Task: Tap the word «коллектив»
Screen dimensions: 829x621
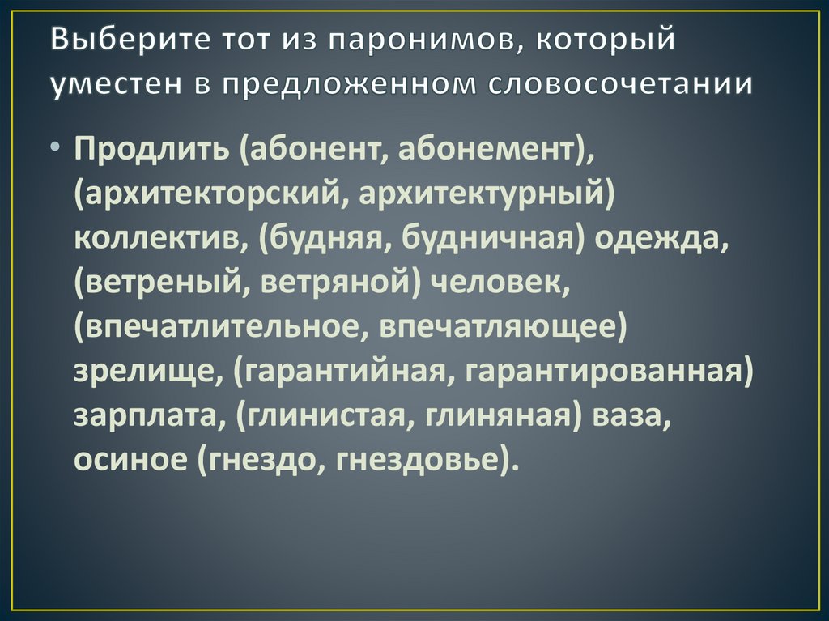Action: click(x=160, y=239)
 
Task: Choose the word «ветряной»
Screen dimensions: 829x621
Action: click(x=336, y=283)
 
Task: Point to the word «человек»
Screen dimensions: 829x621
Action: click(x=499, y=283)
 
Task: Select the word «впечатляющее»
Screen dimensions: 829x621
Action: click(x=498, y=327)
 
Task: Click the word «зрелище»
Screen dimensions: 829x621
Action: click(x=142, y=372)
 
